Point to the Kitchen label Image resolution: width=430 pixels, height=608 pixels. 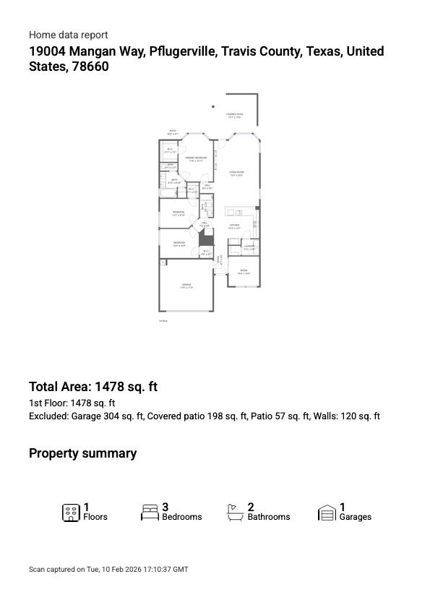(234, 226)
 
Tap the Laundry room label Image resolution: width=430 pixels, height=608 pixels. (249, 248)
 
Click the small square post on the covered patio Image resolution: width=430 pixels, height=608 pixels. (213, 107)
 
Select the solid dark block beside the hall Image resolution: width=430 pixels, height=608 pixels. (207, 238)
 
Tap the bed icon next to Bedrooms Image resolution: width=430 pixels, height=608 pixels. (150, 513)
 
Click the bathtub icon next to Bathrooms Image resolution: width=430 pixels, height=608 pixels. (236, 513)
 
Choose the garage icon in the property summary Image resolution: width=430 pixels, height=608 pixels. (327, 513)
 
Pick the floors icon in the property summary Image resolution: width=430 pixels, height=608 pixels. (71, 513)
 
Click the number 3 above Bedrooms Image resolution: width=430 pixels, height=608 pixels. (165, 508)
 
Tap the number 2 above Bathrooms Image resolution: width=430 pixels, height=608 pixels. (251, 508)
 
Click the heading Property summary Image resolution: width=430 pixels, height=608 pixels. (82, 453)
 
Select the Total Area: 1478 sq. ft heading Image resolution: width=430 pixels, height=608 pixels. (93, 387)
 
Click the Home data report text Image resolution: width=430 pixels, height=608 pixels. (68, 35)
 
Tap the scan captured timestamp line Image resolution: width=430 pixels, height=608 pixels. (108, 570)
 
